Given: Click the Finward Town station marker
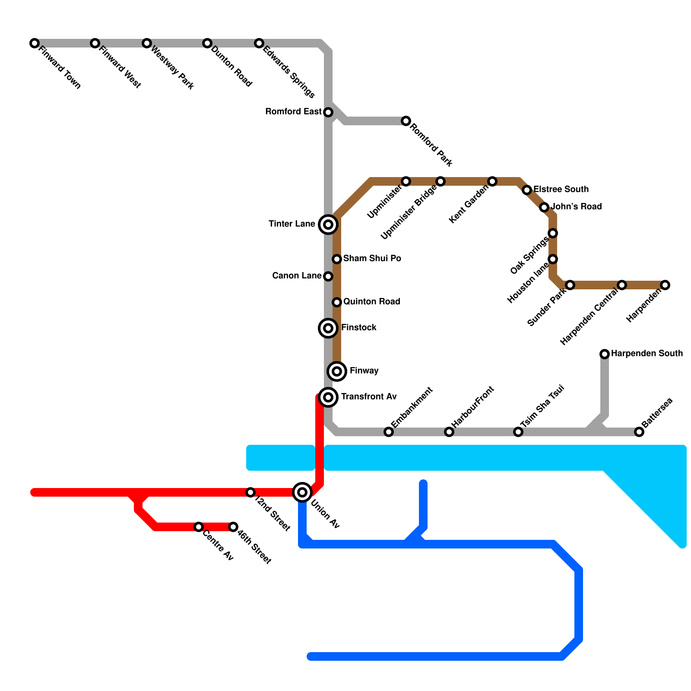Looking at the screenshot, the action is tap(35, 43).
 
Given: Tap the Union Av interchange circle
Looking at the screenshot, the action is tap(302, 492).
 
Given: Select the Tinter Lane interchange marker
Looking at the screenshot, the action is tap(328, 225).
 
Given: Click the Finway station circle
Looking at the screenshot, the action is tap(337, 371).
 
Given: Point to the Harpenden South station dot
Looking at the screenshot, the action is tap(605, 354).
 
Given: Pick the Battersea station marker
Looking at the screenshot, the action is tap(639, 432).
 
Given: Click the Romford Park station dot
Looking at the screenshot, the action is tap(406, 121).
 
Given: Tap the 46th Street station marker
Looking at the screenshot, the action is tap(233, 527).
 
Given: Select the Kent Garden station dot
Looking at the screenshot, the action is tap(492, 181).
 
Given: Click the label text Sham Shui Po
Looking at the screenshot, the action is tap(372, 259).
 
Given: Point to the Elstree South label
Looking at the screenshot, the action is tap(561, 190).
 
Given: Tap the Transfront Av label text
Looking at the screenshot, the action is tap(369, 397).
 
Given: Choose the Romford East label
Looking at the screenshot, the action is tap(294, 112).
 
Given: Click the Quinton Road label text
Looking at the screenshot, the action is tap(372, 302).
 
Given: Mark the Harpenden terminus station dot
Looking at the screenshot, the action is tap(665, 285).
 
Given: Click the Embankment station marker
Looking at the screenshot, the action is tap(389, 432).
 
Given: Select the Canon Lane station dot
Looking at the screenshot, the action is tap(328, 276).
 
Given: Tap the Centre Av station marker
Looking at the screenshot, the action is tap(199, 527).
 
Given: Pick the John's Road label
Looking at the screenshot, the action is tap(576, 207).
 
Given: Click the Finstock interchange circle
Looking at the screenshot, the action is tap(328, 328).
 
